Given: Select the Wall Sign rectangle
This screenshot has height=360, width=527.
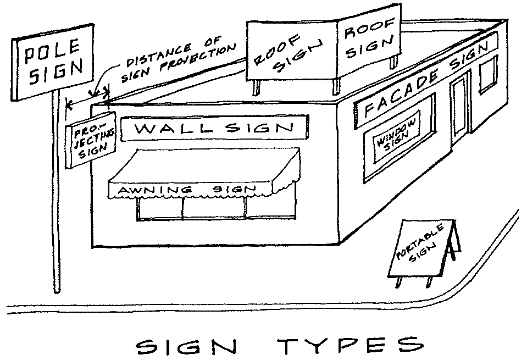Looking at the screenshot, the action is click(x=214, y=129).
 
